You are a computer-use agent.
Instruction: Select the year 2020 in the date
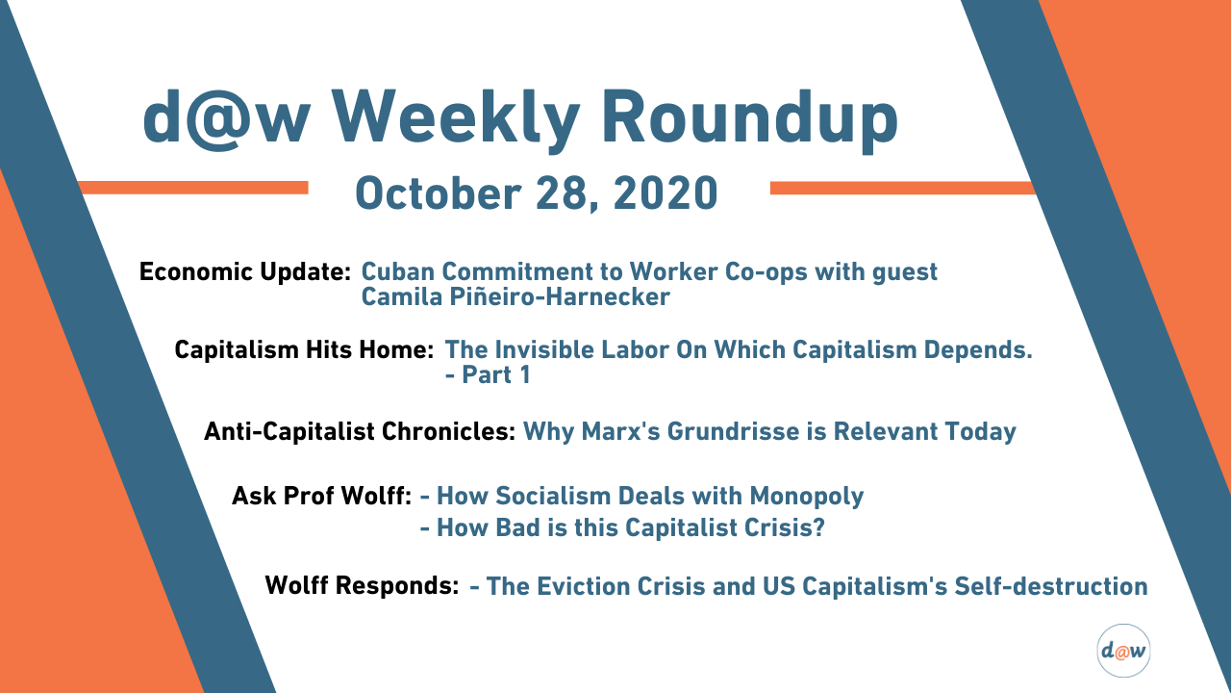[x=665, y=193]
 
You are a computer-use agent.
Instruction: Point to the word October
[x=438, y=193]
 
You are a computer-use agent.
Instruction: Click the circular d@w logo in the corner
[x=1123, y=651]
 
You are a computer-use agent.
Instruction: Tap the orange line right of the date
[x=902, y=188]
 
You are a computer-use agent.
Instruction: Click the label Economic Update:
[x=244, y=271]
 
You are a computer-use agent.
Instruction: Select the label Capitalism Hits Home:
[x=304, y=349]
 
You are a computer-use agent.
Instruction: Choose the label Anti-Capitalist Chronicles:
[x=360, y=431]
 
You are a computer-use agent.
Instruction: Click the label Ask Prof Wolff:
[x=321, y=496]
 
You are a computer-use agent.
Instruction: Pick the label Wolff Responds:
[x=362, y=585]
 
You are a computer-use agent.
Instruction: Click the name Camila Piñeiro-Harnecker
[x=515, y=297]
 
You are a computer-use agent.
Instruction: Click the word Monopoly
[x=807, y=496]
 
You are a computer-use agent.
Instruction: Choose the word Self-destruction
[x=1051, y=586]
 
